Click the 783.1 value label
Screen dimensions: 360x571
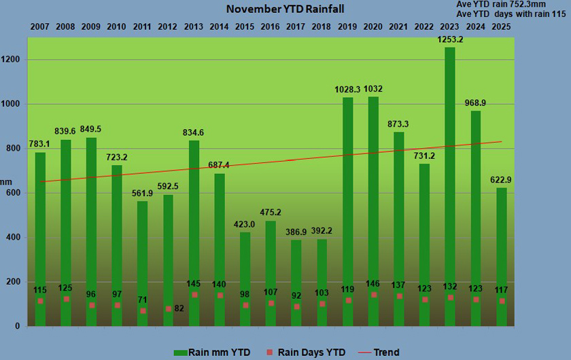[x=41, y=144]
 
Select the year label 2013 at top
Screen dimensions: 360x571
[x=193, y=26]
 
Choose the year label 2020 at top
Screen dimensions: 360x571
[x=372, y=26]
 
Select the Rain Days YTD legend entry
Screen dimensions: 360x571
[x=309, y=352]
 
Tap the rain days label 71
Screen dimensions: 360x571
[x=143, y=300]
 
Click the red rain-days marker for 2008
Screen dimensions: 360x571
[x=67, y=299]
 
